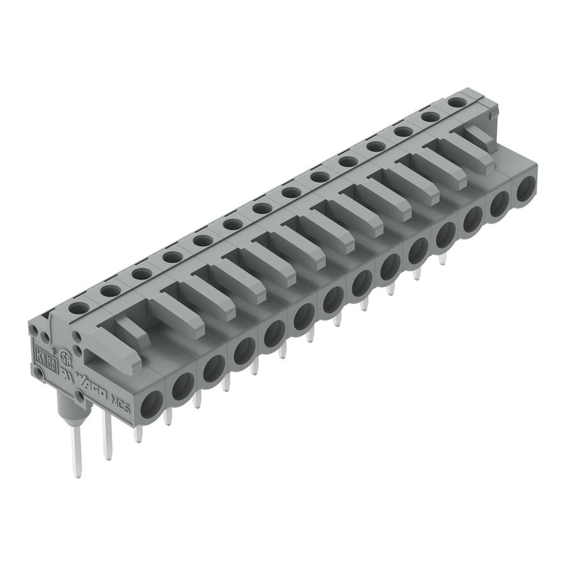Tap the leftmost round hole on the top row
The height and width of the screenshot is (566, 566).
[x=79, y=308]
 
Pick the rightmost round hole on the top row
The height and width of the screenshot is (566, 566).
[x=458, y=101]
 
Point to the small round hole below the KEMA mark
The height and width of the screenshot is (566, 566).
[x=39, y=373]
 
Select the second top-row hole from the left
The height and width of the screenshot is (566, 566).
[x=110, y=291]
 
